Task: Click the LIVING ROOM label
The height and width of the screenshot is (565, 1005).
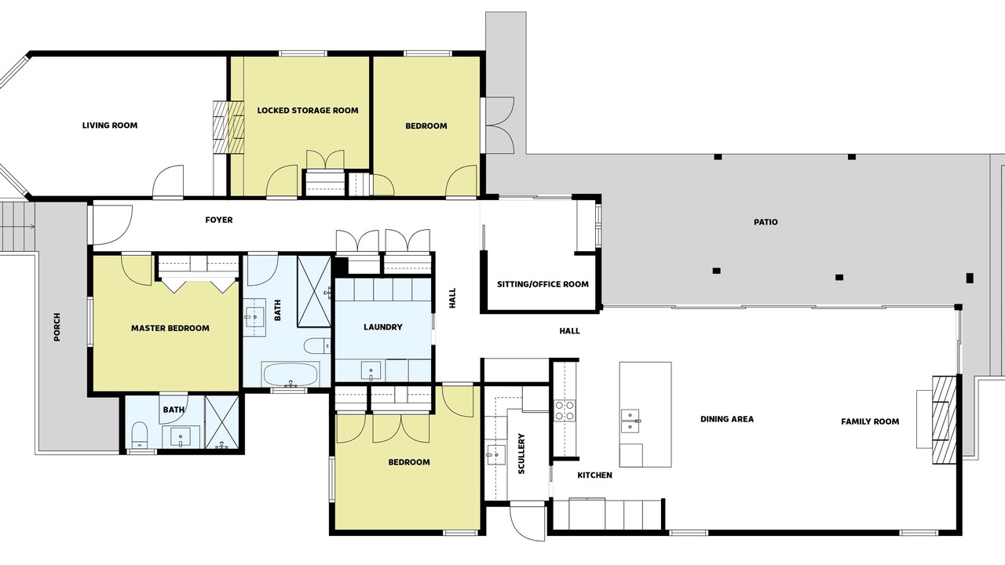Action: tap(109, 126)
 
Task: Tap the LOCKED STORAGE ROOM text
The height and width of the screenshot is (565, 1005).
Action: tap(308, 111)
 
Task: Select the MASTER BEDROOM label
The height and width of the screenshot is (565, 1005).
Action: tap(170, 328)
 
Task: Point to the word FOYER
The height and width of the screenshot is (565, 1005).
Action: tap(219, 220)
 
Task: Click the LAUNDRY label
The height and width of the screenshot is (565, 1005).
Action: tap(382, 327)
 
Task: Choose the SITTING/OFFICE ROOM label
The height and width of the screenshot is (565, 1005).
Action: tap(543, 284)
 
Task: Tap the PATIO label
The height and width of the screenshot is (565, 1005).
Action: tap(766, 222)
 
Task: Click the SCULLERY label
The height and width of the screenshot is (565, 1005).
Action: tap(521, 454)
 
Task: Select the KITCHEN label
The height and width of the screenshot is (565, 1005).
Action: tap(594, 476)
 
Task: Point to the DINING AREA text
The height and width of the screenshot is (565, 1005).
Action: tap(727, 419)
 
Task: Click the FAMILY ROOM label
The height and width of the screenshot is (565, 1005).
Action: tap(870, 421)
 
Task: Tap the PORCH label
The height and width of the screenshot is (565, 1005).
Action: tap(57, 327)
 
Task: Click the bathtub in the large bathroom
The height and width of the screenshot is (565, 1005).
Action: tap(291, 374)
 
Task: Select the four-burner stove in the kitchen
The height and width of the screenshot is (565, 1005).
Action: tap(565, 410)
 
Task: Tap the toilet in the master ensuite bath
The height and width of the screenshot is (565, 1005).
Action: tap(140, 434)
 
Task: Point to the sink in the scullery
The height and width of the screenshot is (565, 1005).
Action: tap(495, 457)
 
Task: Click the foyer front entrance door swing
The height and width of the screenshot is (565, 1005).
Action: tap(112, 225)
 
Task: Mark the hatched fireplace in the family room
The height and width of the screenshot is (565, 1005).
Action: tap(945, 420)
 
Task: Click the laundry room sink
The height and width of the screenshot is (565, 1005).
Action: tap(371, 371)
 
